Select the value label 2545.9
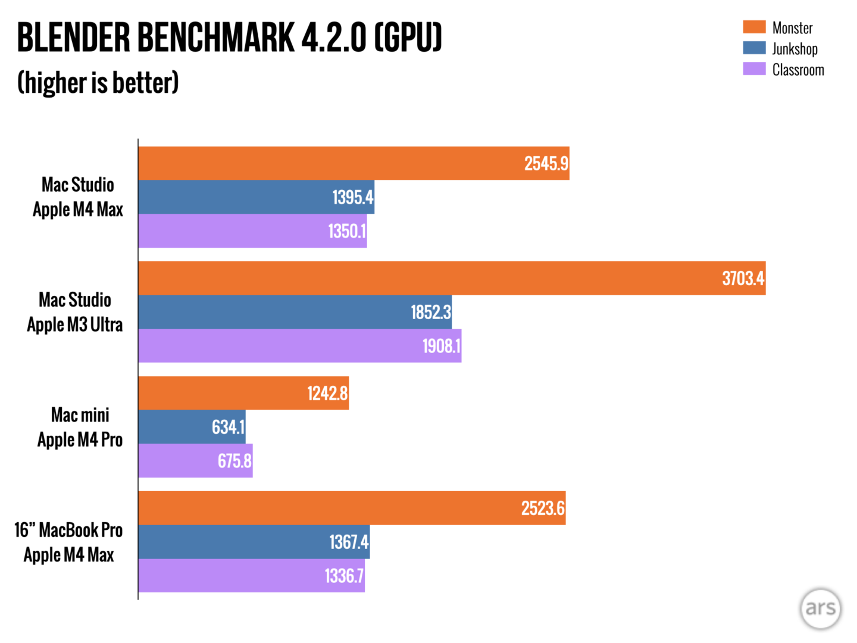(546, 164)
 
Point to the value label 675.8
(234, 461)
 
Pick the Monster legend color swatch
(754, 27)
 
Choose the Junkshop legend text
(795, 49)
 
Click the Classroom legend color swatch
(754, 69)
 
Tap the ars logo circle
(820, 608)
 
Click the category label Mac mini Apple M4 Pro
(80, 427)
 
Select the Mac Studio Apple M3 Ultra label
(75, 312)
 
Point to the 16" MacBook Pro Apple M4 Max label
(68, 542)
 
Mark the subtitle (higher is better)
(98, 83)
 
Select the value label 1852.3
(430, 312)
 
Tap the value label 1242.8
(327, 394)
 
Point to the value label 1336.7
(344, 576)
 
